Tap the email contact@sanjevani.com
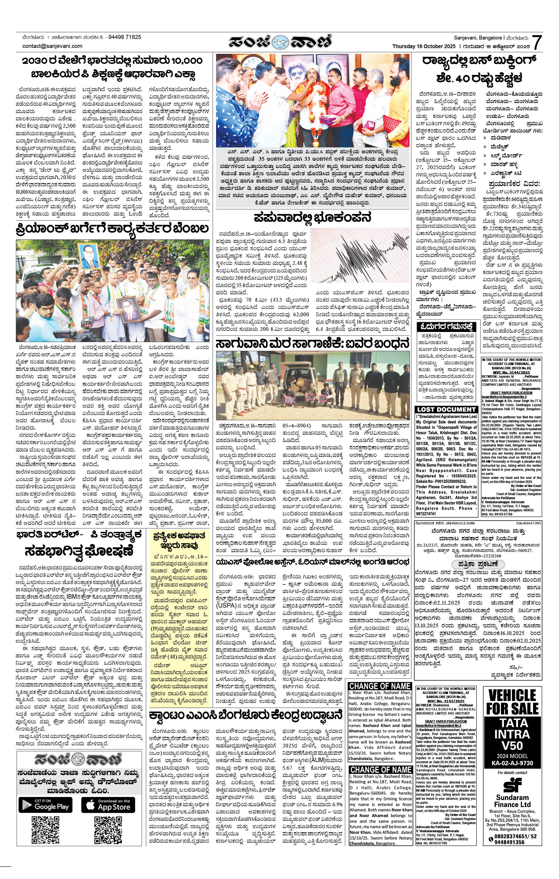(52, 46)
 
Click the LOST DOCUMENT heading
(446, 409)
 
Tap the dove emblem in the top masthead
(280, 43)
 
